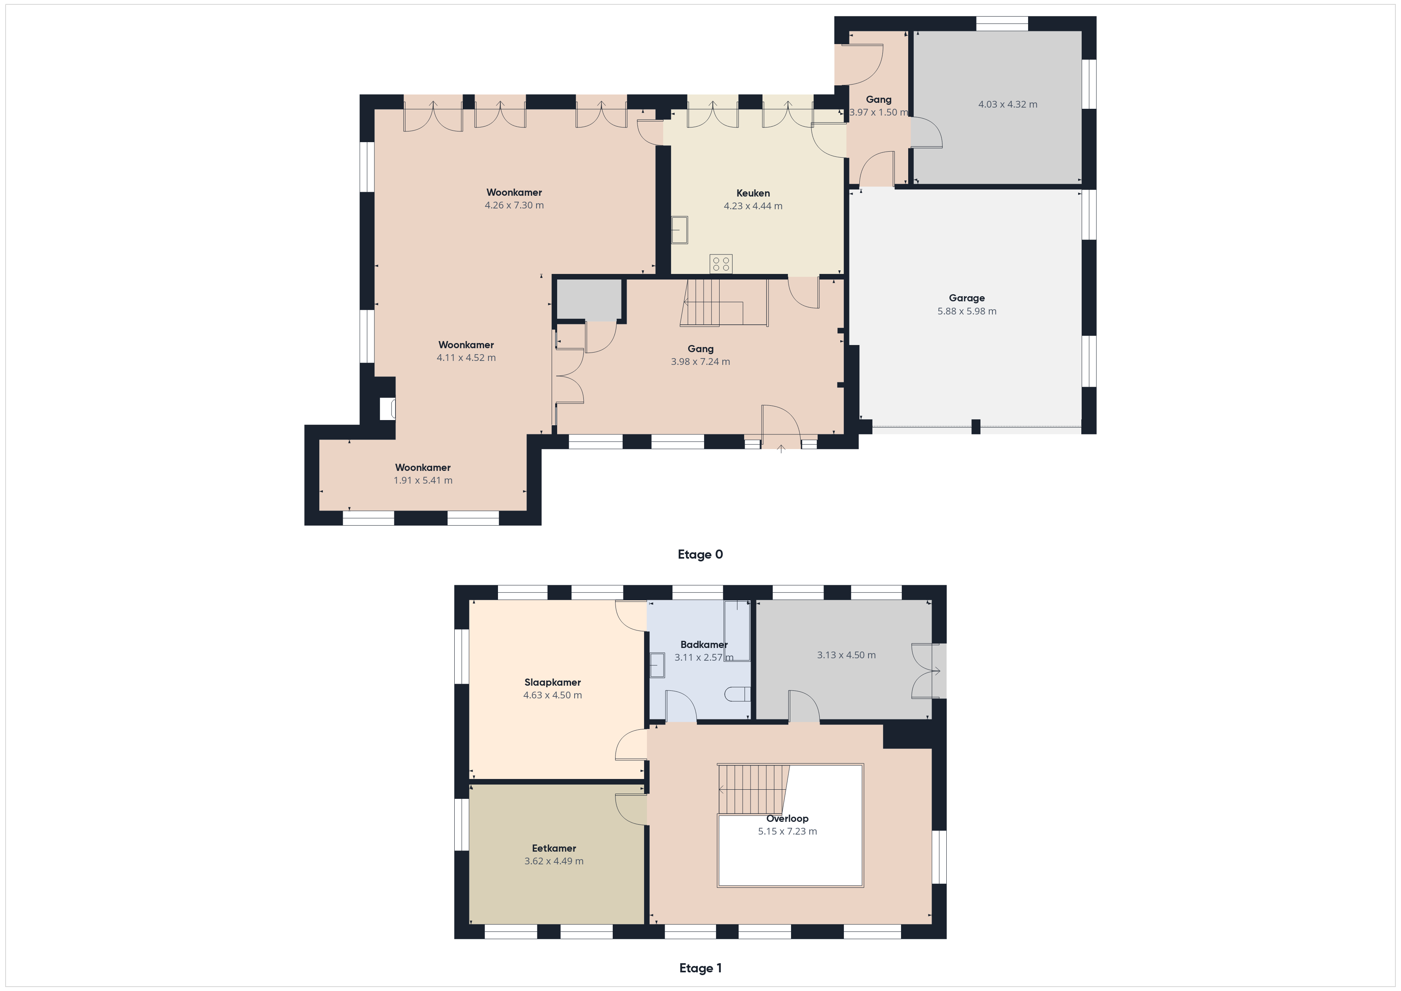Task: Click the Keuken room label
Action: point(753,193)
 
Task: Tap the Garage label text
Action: point(967,298)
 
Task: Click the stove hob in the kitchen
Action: point(721,264)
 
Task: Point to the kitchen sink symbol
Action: point(679,230)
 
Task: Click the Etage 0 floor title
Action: point(700,554)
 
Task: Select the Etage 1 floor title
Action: point(700,968)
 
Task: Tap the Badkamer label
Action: point(704,644)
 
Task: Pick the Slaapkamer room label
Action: point(552,682)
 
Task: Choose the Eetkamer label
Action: point(554,848)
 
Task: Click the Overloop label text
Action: point(787,818)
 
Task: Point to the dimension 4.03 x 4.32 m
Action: point(1007,104)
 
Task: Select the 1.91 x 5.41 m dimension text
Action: point(423,480)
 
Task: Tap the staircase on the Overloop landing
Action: point(754,789)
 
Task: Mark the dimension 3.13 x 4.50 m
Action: point(846,655)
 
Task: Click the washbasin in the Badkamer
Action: point(656,665)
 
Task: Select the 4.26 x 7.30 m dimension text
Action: point(514,205)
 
